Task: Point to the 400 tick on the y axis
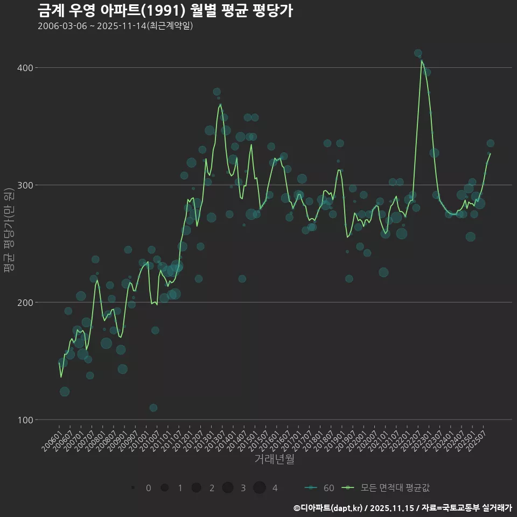(x=25, y=68)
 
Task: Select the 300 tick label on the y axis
(x=25, y=185)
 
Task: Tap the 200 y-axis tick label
(x=25, y=303)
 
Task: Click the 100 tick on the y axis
(x=25, y=420)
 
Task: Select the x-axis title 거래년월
(x=274, y=459)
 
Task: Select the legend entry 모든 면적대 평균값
(x=388, y=488)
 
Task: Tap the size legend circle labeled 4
(x=260, y=488)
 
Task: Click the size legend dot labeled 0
(x=132, y=488)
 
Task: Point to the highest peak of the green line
(x=422, y=61)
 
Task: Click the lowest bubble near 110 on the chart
(x=153, y=408)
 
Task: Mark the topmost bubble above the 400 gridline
(x=418, y=53)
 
